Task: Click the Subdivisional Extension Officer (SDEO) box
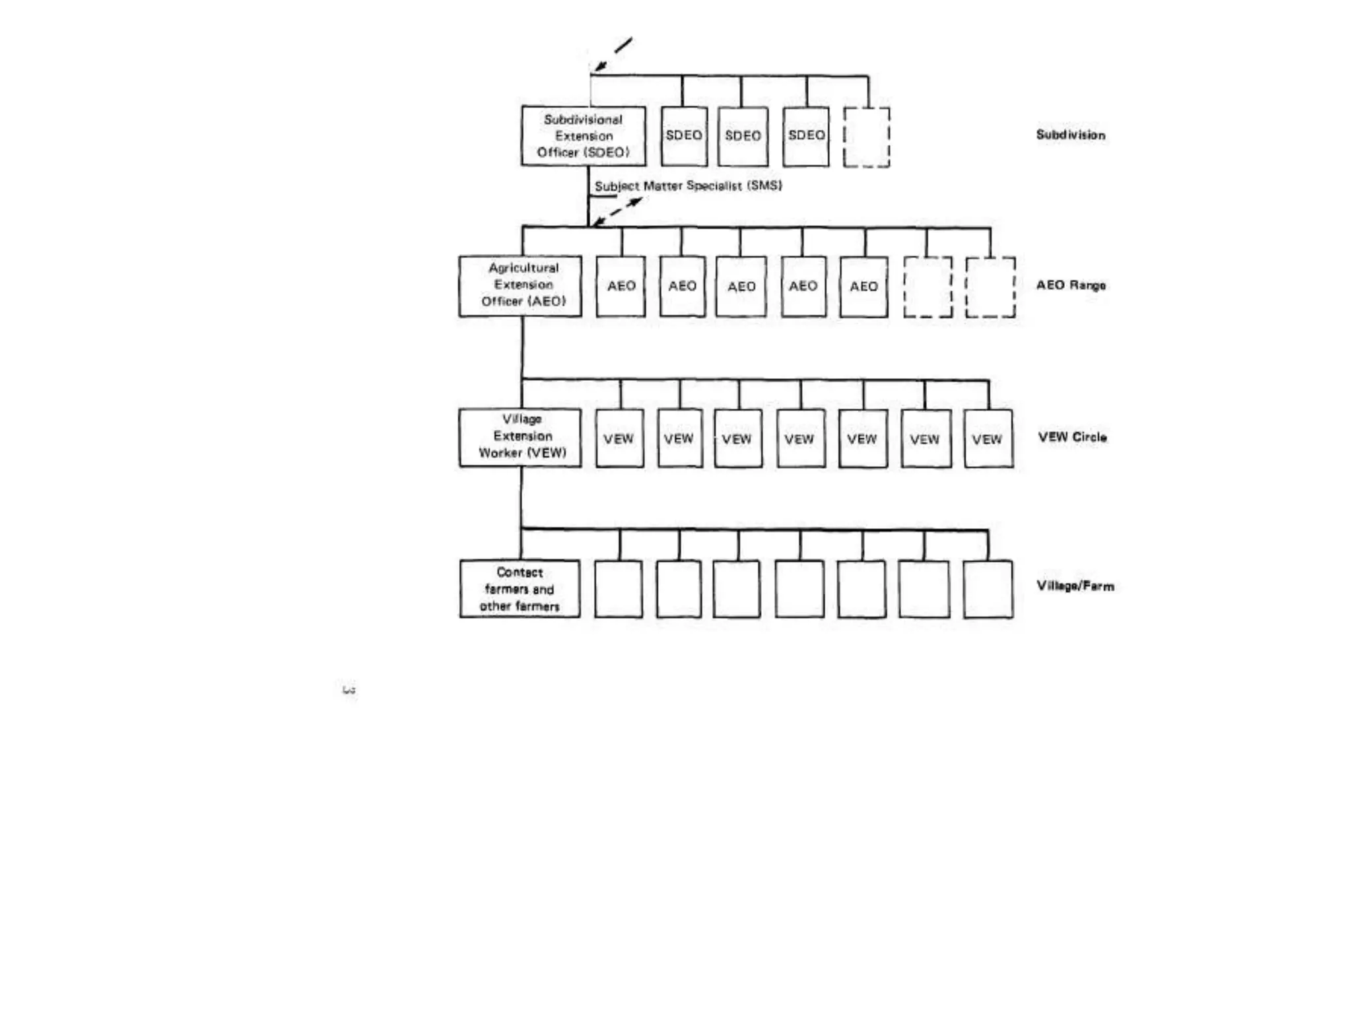[583, 136]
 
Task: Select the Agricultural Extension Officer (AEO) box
[520, 285]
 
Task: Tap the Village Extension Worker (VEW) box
[520, 437]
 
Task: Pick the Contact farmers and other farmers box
[520, 589]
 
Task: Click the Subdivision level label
[1070, 135]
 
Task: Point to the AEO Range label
[1070, 285]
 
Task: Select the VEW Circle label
[1072, 437]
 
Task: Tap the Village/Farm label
[1075, 586]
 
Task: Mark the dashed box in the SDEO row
[867, 137]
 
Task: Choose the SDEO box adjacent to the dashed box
[806, 136]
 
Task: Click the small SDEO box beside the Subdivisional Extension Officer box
[684, 136]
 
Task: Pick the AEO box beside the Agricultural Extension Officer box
[621, 287]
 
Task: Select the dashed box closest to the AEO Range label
[990, 287]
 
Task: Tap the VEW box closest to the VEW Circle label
[988, 439]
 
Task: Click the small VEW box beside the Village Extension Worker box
[619, 439]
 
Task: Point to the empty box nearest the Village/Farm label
[988, 590]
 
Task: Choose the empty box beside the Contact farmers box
[618, 590]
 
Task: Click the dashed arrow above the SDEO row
[613, 54]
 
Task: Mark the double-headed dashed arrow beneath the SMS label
[617, 212]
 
